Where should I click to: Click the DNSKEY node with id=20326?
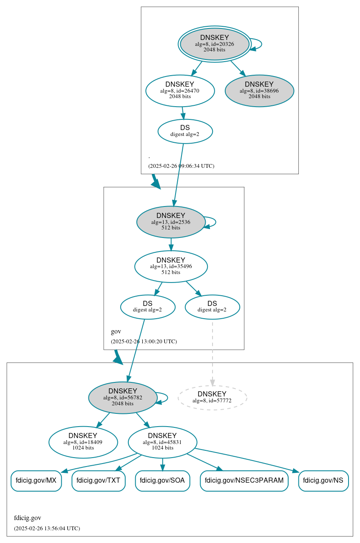pos(215,44)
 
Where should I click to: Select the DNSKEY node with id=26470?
pos(180,90)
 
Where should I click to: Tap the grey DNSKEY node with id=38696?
pos(259,90)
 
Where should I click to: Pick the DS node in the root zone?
pos(185,131)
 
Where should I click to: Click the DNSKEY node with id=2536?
pos(171,222)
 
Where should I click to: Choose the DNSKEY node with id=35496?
pos(171,266)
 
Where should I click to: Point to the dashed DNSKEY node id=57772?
pos(212,397)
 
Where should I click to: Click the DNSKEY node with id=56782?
pos(123,397)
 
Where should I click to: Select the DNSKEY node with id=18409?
pos(83,442)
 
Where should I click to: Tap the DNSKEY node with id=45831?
pos(162,442)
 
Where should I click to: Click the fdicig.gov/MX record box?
pos(36,481)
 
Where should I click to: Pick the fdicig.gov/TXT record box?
pos(98,481)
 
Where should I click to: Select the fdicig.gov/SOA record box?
pos(162,481)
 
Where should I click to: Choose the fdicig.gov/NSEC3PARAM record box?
pos(244,481)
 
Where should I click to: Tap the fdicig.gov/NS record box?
pos(323,481)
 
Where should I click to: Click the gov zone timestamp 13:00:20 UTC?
pos(144,341)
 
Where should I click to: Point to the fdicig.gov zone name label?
pos(28,518)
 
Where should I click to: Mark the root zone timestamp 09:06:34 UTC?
pos(181,166)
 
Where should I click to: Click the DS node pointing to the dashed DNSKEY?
pos(212,307)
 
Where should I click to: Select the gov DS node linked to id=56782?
pos(147,307)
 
